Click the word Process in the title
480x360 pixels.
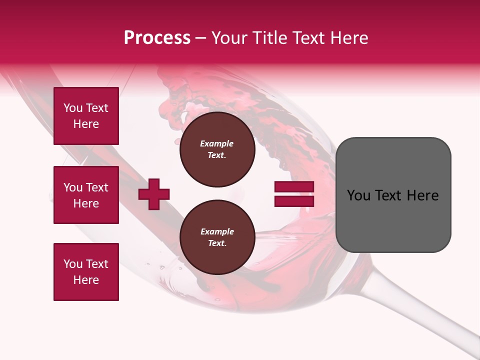coord(157,38)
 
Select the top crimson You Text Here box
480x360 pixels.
coord(86,116)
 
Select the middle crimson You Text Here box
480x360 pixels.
coord(86,195)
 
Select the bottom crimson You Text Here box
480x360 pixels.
coord(86,272)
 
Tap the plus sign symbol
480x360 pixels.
coord(154,194)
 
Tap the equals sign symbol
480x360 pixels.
coord(294,194)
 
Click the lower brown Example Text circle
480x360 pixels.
coord(217,237)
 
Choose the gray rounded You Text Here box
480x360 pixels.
coord(393,195)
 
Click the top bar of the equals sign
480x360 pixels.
coord(294,187)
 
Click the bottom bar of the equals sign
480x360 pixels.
coord(294,201)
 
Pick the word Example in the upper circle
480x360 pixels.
coord(217,143)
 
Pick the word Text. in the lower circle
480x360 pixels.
coord(217,243)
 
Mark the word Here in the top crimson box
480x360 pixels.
coord(86,124)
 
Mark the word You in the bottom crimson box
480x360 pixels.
coord(73,264)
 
